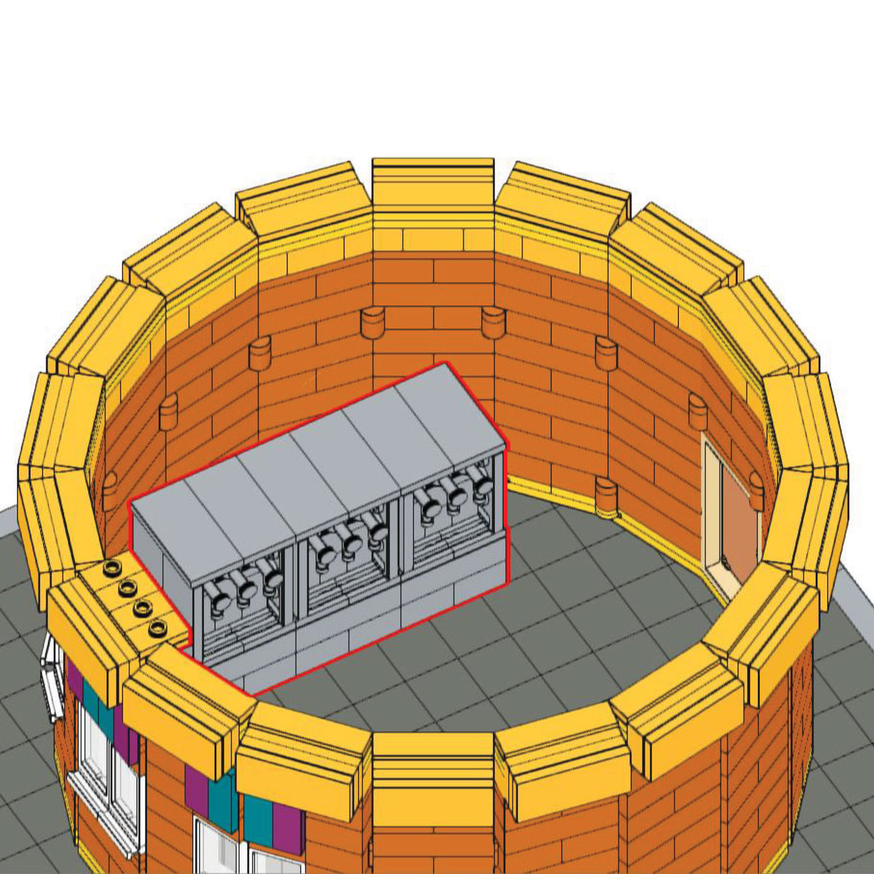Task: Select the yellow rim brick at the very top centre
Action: click(x=433, y=182)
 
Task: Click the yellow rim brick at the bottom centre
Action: click(x=433, y=765)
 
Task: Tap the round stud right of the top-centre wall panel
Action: click(x=492, y=321)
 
